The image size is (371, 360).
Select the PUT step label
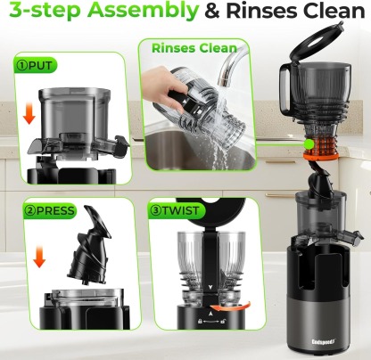(35, 66)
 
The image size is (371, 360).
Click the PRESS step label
(41, 212)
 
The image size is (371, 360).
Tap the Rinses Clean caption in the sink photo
(194, 47)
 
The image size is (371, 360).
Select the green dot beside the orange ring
(303, 143)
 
